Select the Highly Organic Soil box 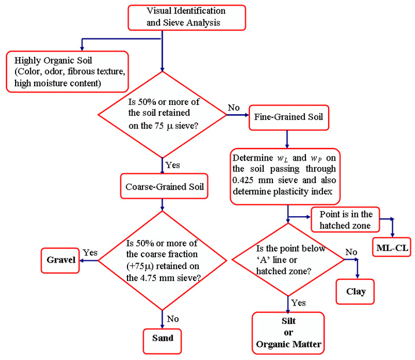[66, 71]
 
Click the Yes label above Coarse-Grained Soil [172, 165]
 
